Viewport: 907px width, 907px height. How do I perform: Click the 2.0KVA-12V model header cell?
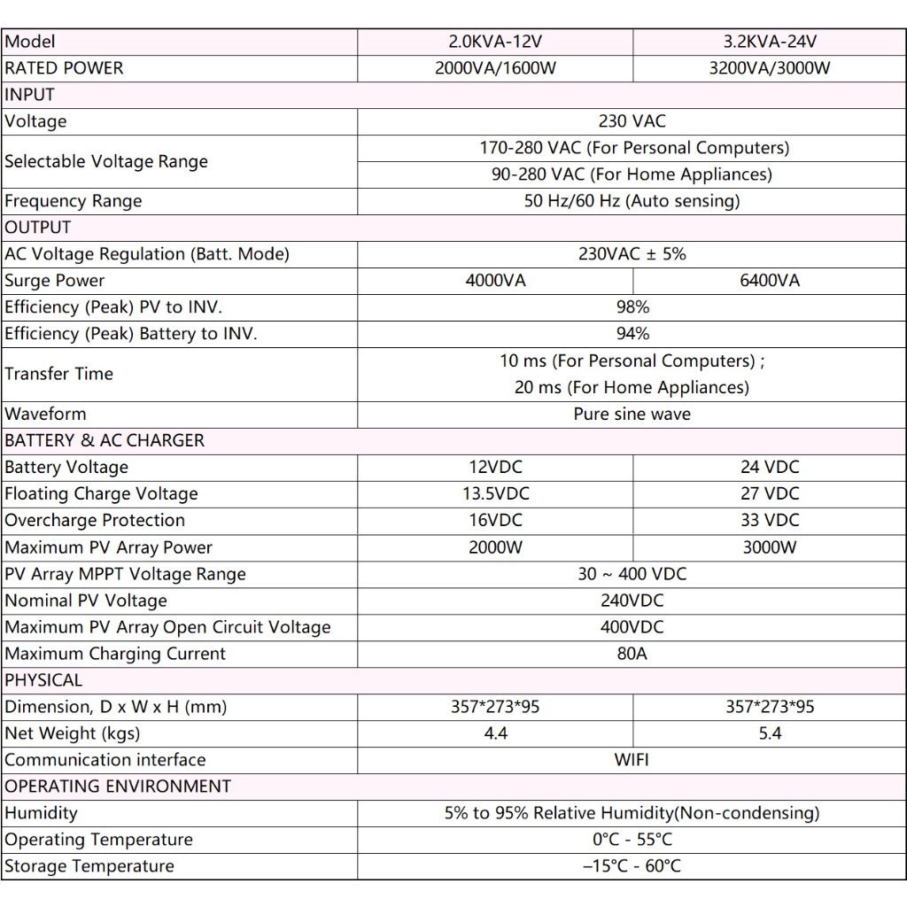495,42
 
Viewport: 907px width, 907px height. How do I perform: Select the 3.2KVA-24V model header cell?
770,42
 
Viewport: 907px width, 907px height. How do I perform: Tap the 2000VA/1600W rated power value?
495,68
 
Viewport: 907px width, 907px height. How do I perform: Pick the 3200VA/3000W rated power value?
770,68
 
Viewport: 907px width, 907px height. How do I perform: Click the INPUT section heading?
30,95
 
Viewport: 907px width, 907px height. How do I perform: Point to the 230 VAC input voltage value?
632,121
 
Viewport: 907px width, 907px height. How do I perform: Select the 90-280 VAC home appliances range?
632,174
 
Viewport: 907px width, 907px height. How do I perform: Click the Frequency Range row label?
73,201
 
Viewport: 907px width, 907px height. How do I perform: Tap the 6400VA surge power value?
770,281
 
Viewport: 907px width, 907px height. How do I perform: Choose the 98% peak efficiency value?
632,307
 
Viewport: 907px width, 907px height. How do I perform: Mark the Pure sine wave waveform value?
632,414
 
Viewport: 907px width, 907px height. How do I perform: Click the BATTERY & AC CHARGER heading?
105,440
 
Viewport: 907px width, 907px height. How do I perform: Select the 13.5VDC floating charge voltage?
495,493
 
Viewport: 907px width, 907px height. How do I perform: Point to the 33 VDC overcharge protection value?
770,520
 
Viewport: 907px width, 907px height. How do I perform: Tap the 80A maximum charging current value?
632,654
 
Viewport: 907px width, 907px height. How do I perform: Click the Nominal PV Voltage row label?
86,601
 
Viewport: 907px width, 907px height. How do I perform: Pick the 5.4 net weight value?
770,733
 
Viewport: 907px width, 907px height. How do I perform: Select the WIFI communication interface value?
632,760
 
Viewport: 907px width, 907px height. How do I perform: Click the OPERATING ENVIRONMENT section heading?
118,787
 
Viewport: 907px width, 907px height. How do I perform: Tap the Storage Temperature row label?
89,866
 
